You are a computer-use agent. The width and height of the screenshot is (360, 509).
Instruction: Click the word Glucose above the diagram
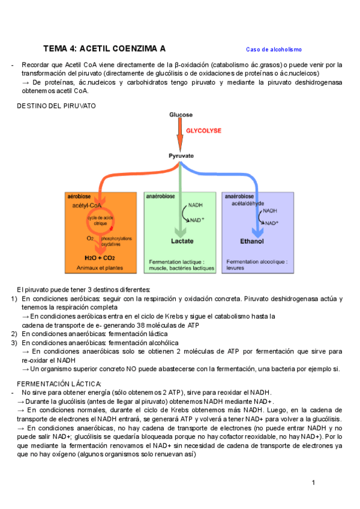(181, 114)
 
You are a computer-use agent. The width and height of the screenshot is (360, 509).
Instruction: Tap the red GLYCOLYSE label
(203, 130)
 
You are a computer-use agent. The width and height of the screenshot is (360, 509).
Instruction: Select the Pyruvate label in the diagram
(181, 155)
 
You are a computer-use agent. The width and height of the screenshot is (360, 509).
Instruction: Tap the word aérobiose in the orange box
(79, 196)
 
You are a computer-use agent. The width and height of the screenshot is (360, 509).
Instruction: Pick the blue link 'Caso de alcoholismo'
(274, 49)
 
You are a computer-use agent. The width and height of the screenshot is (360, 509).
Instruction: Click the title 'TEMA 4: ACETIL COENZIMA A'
(104, 49)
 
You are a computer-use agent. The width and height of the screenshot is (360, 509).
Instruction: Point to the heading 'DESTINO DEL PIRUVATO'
(56, 106)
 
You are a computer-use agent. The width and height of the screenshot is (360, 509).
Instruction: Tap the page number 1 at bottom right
(313, 483)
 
